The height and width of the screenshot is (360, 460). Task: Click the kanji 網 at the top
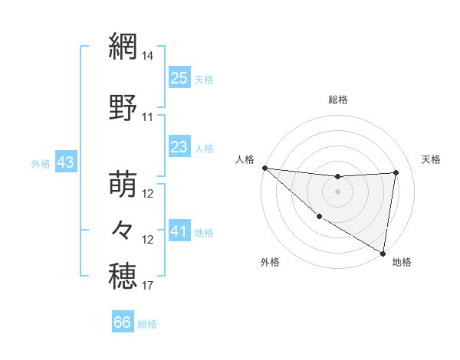123,47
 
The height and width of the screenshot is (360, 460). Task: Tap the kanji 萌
123,185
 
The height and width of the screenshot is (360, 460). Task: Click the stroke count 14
148,57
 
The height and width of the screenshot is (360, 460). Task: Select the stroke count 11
148,117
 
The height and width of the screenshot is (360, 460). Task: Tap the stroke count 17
148,286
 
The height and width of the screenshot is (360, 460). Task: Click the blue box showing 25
179,78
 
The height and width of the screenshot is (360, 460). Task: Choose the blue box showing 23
179,147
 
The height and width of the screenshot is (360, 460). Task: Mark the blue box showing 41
179,231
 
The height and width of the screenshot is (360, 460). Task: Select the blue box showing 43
65,163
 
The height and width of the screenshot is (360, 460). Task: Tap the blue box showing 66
123,322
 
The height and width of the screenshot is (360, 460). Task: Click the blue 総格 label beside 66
148,324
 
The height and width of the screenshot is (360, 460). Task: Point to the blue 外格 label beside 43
41,164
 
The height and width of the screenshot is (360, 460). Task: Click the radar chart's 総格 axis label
337,100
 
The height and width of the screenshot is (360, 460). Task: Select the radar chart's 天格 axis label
431,159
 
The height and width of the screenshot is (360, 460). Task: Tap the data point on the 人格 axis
264,168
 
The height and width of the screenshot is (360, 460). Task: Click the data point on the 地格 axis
383,253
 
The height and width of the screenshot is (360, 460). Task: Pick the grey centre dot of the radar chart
337,191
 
